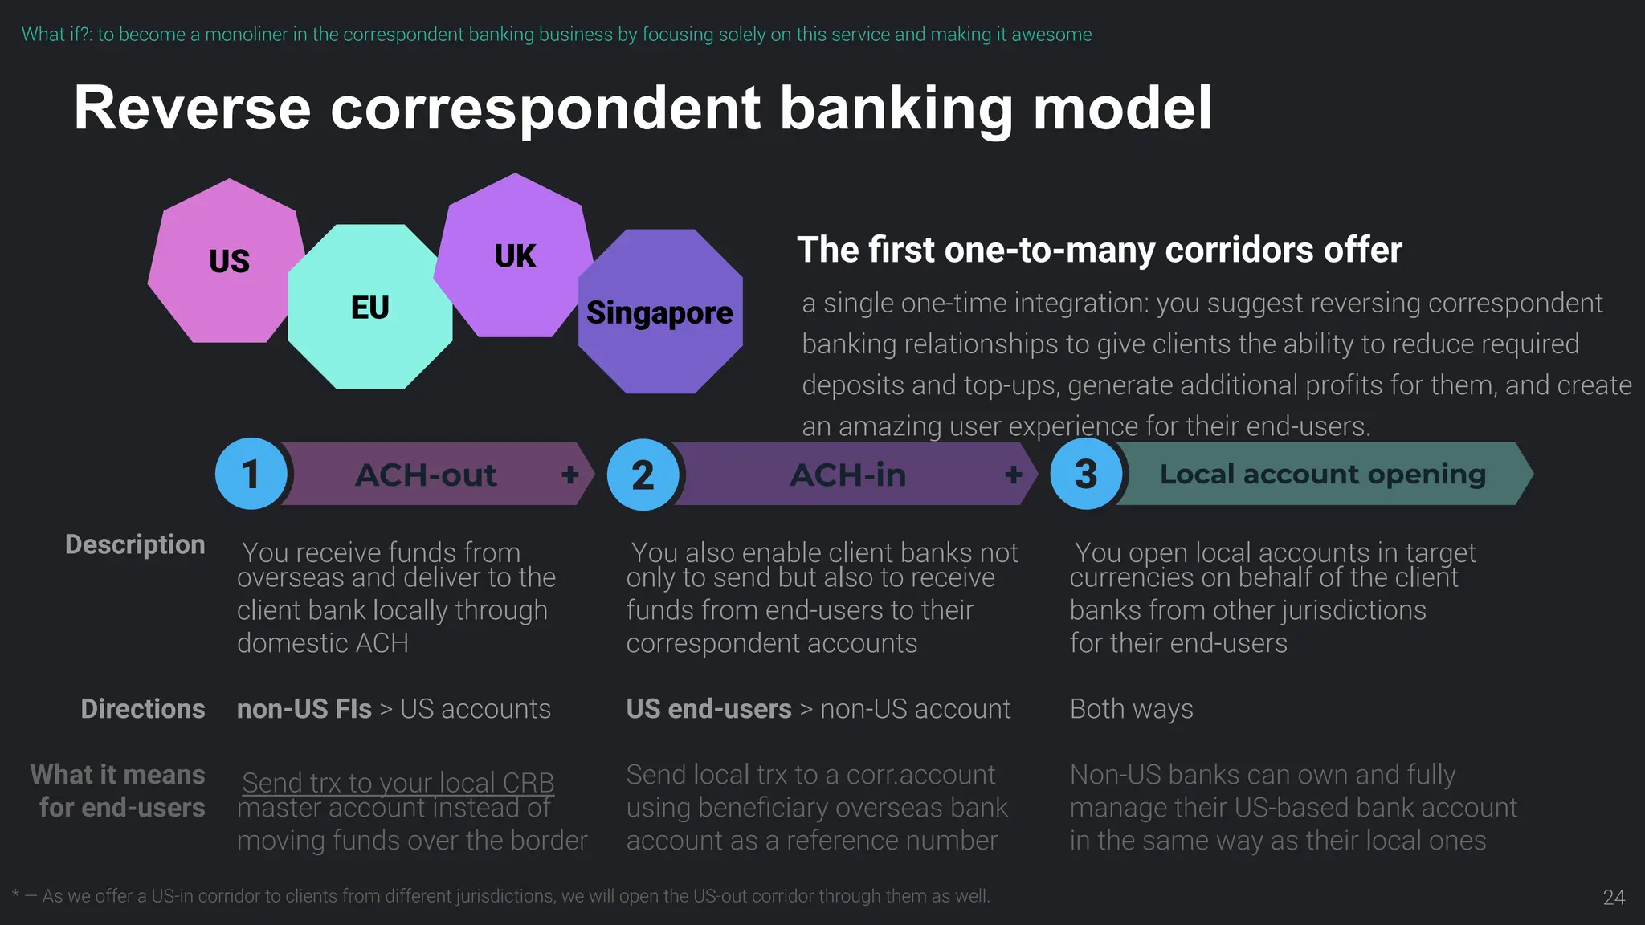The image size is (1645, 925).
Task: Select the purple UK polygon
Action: point(514,256)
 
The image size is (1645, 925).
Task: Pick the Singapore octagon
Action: point(659,312)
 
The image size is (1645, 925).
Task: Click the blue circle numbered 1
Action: point(251,474)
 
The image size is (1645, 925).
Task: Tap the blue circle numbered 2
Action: point(643,475)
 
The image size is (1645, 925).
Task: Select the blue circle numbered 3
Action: point(1086,474)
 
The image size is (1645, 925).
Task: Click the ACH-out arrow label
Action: point(426,475)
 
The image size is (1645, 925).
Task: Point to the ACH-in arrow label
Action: point(848,475)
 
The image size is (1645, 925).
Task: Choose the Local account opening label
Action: point(1322,474)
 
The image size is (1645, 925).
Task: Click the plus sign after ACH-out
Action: point(570,475)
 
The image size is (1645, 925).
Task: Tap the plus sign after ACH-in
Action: point(1014,475)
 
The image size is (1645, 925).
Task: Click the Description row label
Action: point(135,544)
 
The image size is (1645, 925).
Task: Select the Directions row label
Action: point(143,709)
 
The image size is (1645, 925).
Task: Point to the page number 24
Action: point(1614,898)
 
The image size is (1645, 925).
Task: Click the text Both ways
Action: point(1131,709)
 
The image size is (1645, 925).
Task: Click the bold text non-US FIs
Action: point(304,709)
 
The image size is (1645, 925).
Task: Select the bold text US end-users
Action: point(708,709)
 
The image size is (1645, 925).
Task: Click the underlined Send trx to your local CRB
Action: point(398,782)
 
